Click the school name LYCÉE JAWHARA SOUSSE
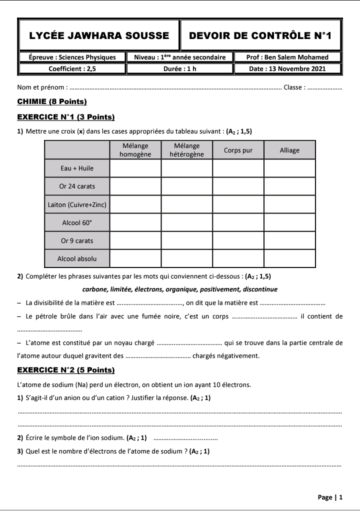(x=99, y=35)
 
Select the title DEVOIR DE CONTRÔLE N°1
(x=260, y=35)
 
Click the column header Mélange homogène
(x=135, y=150)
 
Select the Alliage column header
(x=289, y=150)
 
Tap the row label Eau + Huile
(x=77, y=168)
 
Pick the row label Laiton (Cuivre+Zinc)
(x=77, y=204)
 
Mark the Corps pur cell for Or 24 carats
(x=238, y=186)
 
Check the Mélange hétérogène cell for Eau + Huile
(x=186, y=168)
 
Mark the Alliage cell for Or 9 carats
(x=289, y=240)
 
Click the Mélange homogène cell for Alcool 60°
(x=135, y=222)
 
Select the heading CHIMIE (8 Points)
(x=52, y=101)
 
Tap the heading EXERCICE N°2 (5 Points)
(x=66, y=370)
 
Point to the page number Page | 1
(x=330, y=497)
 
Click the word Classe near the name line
(x=293, y=87)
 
